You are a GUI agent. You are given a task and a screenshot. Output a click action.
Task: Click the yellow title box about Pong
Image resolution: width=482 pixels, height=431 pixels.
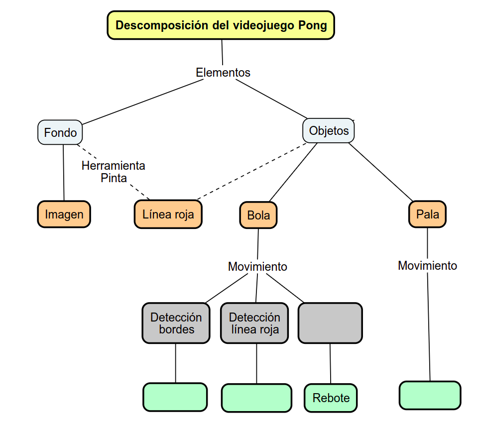tap(221, 25)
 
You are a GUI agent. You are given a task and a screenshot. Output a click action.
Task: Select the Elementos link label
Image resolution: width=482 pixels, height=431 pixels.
tap(223, 73)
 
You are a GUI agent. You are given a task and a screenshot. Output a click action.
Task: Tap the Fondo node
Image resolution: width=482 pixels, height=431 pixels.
tap(60, 133)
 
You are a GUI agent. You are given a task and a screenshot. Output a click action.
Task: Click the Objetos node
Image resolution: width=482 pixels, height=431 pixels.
tap(329, 131)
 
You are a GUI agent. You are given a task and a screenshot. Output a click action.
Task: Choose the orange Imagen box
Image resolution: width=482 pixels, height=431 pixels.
tap(64, 215)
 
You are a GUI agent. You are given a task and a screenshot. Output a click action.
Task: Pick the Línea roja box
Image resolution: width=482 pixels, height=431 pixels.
tap(168, 215)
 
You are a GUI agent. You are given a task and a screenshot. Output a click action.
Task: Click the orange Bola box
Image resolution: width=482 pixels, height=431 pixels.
tap(258, 215)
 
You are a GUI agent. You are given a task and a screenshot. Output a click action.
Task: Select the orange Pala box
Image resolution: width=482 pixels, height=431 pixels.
tap(427, 215)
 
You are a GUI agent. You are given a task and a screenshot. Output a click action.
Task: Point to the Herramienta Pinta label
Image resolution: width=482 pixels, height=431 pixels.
tap(114, 172)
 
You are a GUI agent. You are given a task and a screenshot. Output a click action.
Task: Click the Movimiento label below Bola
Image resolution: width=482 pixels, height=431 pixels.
tap(257, 267)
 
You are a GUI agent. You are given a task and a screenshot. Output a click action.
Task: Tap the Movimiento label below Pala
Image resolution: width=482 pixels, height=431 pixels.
tap(427, 266)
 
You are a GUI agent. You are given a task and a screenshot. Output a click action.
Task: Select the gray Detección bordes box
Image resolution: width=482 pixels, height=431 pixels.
tap(176, 323)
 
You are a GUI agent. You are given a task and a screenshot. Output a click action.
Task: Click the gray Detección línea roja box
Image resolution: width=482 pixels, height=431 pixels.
tap(254, 323)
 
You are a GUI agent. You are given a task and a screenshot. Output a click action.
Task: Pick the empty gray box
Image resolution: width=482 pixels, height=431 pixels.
tap(330, 323)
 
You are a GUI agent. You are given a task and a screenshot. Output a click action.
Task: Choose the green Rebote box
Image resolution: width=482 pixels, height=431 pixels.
tap(331, 398)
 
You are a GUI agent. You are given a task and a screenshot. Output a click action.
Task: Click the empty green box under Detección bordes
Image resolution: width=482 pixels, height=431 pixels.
tap(175, 397)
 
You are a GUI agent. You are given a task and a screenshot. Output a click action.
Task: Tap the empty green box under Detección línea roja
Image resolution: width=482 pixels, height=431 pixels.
tap(256, 398)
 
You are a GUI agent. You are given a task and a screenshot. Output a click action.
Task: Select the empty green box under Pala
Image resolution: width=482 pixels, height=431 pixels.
tap(430, 396)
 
